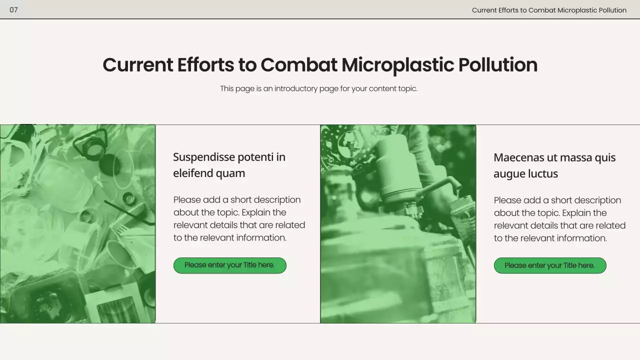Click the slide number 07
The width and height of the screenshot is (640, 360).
click(x=13, y=10)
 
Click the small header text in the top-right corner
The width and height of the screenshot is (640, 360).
click(x=548, y=10)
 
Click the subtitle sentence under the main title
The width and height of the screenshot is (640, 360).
click(x=318, y=88)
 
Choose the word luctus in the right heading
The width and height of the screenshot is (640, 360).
click(x=542, y=174)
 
